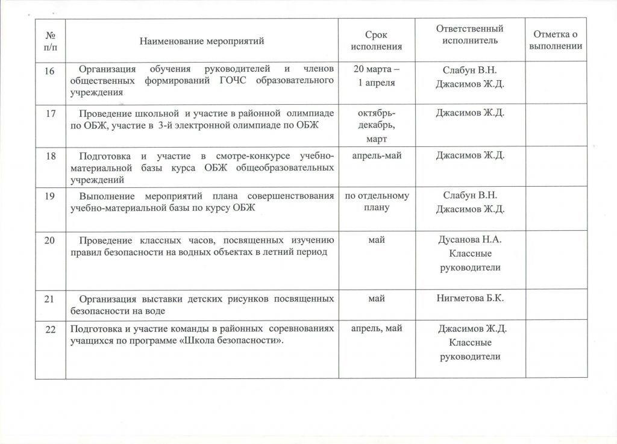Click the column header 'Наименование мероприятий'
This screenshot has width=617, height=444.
tap(202, 41)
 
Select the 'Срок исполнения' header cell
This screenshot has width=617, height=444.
tap(376, 41)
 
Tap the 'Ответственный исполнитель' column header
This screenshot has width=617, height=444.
tap(469, 34)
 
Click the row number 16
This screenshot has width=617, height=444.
tap(50, 71)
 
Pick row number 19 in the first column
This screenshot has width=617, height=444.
tap(50, 196)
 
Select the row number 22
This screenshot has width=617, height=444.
tap(50, 328)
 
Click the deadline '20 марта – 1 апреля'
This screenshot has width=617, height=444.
tap(377, 77)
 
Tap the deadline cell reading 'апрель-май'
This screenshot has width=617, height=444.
tap(377, 155)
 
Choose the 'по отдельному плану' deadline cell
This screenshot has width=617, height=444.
tap(377, 201)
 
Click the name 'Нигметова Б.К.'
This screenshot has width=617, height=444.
tap(469, 298)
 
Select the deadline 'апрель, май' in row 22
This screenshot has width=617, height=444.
tap(377, 328)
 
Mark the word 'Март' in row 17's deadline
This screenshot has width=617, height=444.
tap(377, 139)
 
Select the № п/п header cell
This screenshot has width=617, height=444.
tap(50, 40)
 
